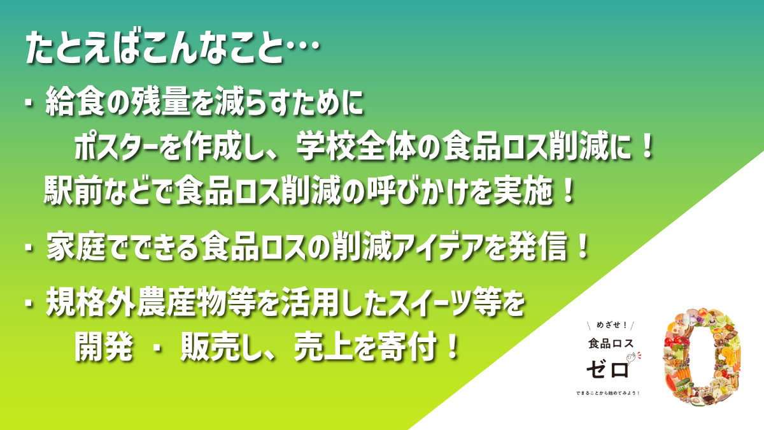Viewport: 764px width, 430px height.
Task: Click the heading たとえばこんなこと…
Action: (173, 47)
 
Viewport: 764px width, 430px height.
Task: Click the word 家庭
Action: (76, 247)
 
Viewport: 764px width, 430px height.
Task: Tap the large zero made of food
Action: (702, 357)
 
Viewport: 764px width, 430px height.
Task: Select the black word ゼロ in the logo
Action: (607, 369)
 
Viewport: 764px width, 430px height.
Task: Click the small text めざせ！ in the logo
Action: (612, 326)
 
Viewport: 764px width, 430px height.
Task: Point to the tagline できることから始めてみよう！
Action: (608, 393)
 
